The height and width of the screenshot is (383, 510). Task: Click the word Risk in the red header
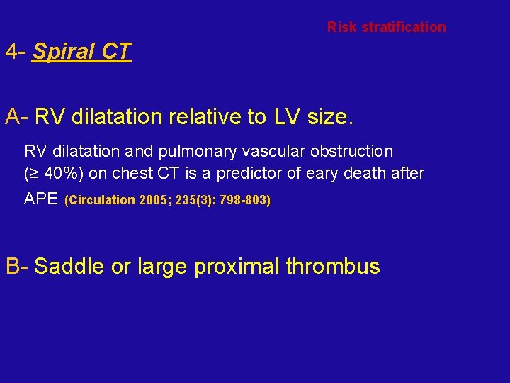click(x=342, y=28)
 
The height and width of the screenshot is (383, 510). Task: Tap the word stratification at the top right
click(x=404, y=28)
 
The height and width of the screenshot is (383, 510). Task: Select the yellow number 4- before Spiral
click(x=16, y=52)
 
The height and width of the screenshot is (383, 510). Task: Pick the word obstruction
click(x=358, y=151)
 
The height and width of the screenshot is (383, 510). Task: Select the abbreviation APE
click(x=41, y=199)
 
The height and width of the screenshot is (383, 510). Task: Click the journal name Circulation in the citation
click(x=101, y=200)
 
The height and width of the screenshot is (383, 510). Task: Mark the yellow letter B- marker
click(x=17, y=267)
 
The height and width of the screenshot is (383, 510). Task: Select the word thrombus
click(x=333, y=267)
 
